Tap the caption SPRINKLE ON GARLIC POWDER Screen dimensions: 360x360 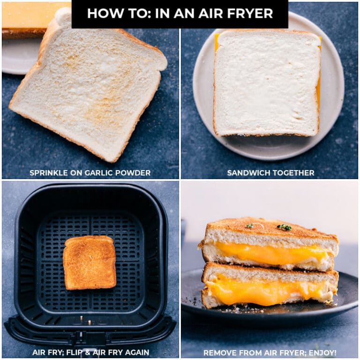point(90,173)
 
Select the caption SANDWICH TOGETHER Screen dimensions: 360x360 point(270,173)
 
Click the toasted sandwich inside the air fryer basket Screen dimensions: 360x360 point(90,262)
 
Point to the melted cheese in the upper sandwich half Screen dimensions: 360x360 point(272,254)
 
